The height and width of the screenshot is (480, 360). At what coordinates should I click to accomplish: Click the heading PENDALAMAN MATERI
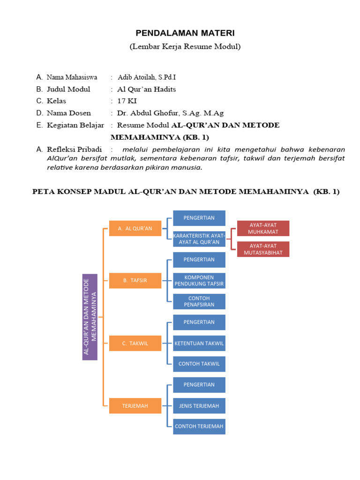[x=185, y=33]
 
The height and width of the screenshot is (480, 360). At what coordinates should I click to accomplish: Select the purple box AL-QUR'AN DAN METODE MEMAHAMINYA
[x=90, y=317]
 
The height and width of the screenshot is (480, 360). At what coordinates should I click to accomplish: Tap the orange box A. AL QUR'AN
[x=135, y=228]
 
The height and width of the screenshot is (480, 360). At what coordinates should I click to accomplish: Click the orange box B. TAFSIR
[x=135, y=280]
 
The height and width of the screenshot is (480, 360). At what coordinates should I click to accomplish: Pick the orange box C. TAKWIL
[x=135, y=343]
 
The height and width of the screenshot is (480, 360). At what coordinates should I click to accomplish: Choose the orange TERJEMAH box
[x=135, y=405]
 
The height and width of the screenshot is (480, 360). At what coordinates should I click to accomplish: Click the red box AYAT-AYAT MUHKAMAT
[x=263, y=228]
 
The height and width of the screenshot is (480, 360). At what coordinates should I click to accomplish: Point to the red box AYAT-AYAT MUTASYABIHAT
[x=263, y=249]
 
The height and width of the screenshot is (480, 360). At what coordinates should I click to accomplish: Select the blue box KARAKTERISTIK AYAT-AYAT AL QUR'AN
[x=199, y=239]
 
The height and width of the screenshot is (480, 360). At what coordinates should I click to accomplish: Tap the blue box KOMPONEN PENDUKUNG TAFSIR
[x=199, y=280]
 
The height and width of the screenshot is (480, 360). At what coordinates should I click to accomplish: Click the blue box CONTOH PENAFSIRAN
[x=199, y=301]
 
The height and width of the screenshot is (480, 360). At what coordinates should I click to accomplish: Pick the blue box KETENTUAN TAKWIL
[x=199, y=343]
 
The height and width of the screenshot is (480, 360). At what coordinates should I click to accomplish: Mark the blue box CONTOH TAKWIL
[x=199, y=364]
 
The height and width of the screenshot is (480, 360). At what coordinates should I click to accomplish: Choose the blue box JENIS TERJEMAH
[x=199, y=405]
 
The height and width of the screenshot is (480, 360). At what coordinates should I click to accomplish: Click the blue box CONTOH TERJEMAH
[x=199, y=427]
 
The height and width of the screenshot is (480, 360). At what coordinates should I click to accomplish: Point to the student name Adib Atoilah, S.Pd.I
[x=147, y=77]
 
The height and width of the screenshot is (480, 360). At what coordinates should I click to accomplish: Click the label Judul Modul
[x=68, y=89]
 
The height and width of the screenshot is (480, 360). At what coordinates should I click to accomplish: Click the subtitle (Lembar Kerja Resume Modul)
[x=185, y=46]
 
